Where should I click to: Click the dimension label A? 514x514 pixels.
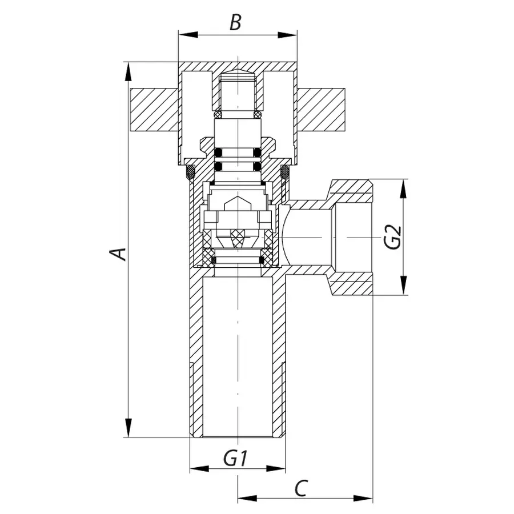tap(118, 252)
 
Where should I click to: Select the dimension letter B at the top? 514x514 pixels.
tap(235, 23)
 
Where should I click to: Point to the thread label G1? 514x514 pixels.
tap(235, 458)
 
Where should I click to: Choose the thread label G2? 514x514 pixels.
tap(393, 237)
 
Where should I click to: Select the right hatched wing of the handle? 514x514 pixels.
tap(320, 109)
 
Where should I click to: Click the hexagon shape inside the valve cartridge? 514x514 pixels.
tap(236, 204)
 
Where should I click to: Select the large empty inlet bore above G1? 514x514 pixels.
tap(236, 354)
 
